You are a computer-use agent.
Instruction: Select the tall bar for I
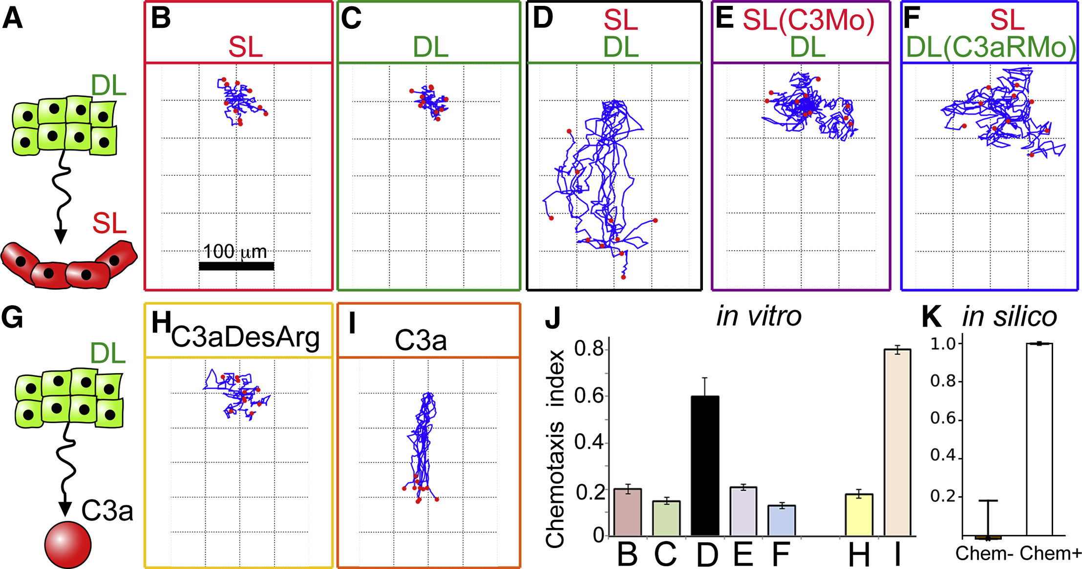(x=897, y=442)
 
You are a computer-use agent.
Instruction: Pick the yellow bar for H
(x=859, y=515)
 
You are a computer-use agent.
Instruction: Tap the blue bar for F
(x=782, y=520)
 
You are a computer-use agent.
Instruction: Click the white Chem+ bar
(x=1039, y=440)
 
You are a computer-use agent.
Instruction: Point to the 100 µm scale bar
(x=236, y=266)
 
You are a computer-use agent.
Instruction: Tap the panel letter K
(x=931, y=317)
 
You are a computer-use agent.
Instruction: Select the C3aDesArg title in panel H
(x=245, y=337)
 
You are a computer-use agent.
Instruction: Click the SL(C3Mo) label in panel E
(x=808, y=21)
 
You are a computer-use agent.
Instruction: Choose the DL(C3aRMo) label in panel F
(x=991, y=47)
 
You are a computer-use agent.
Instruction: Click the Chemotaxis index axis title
(x=555, y=448)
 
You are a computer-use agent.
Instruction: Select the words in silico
(x=1009, y=317)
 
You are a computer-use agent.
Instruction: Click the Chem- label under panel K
(x=985, y=553)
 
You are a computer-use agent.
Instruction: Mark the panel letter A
(x=12, y=19)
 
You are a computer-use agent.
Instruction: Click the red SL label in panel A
(x=109, y=224)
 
